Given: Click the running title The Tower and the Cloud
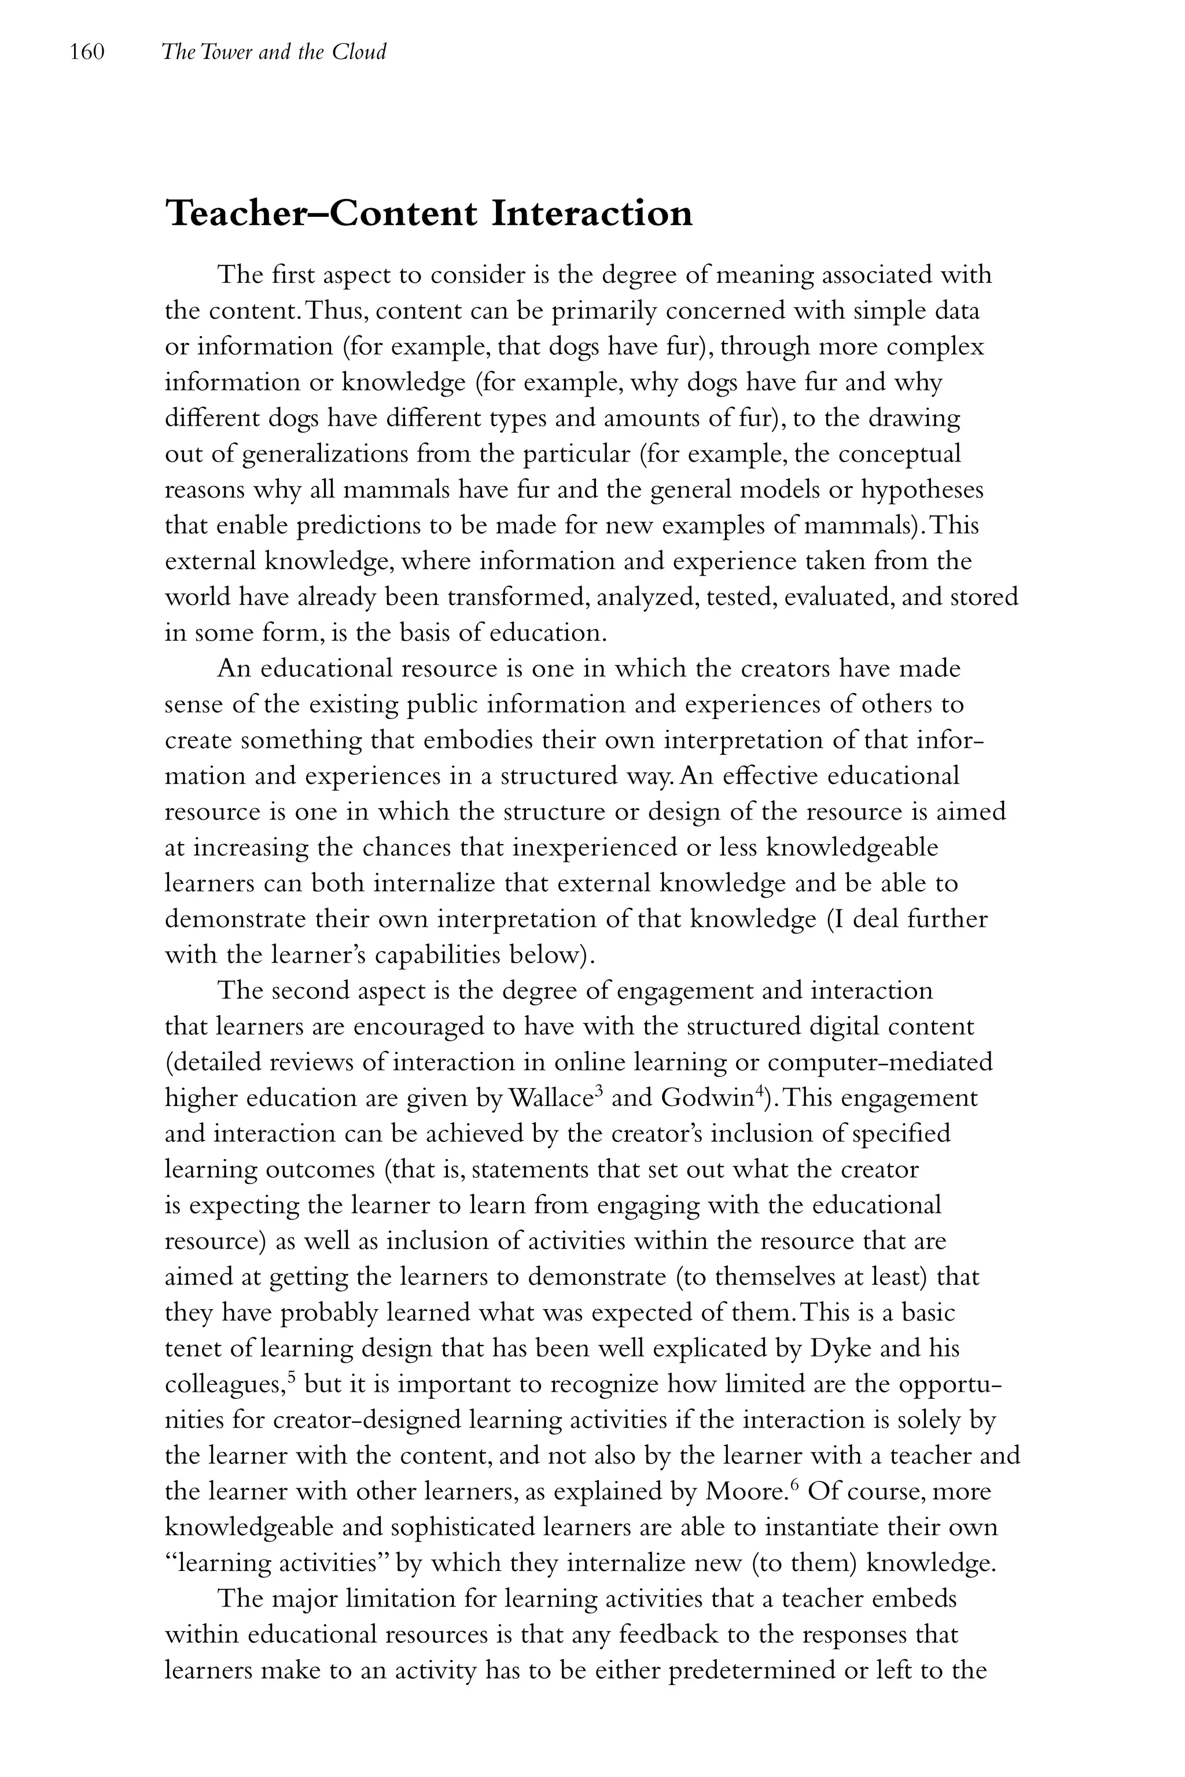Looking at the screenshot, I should [274, 52].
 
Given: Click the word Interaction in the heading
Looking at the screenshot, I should [592, 214].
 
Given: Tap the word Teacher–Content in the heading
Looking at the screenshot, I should [321, 214].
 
